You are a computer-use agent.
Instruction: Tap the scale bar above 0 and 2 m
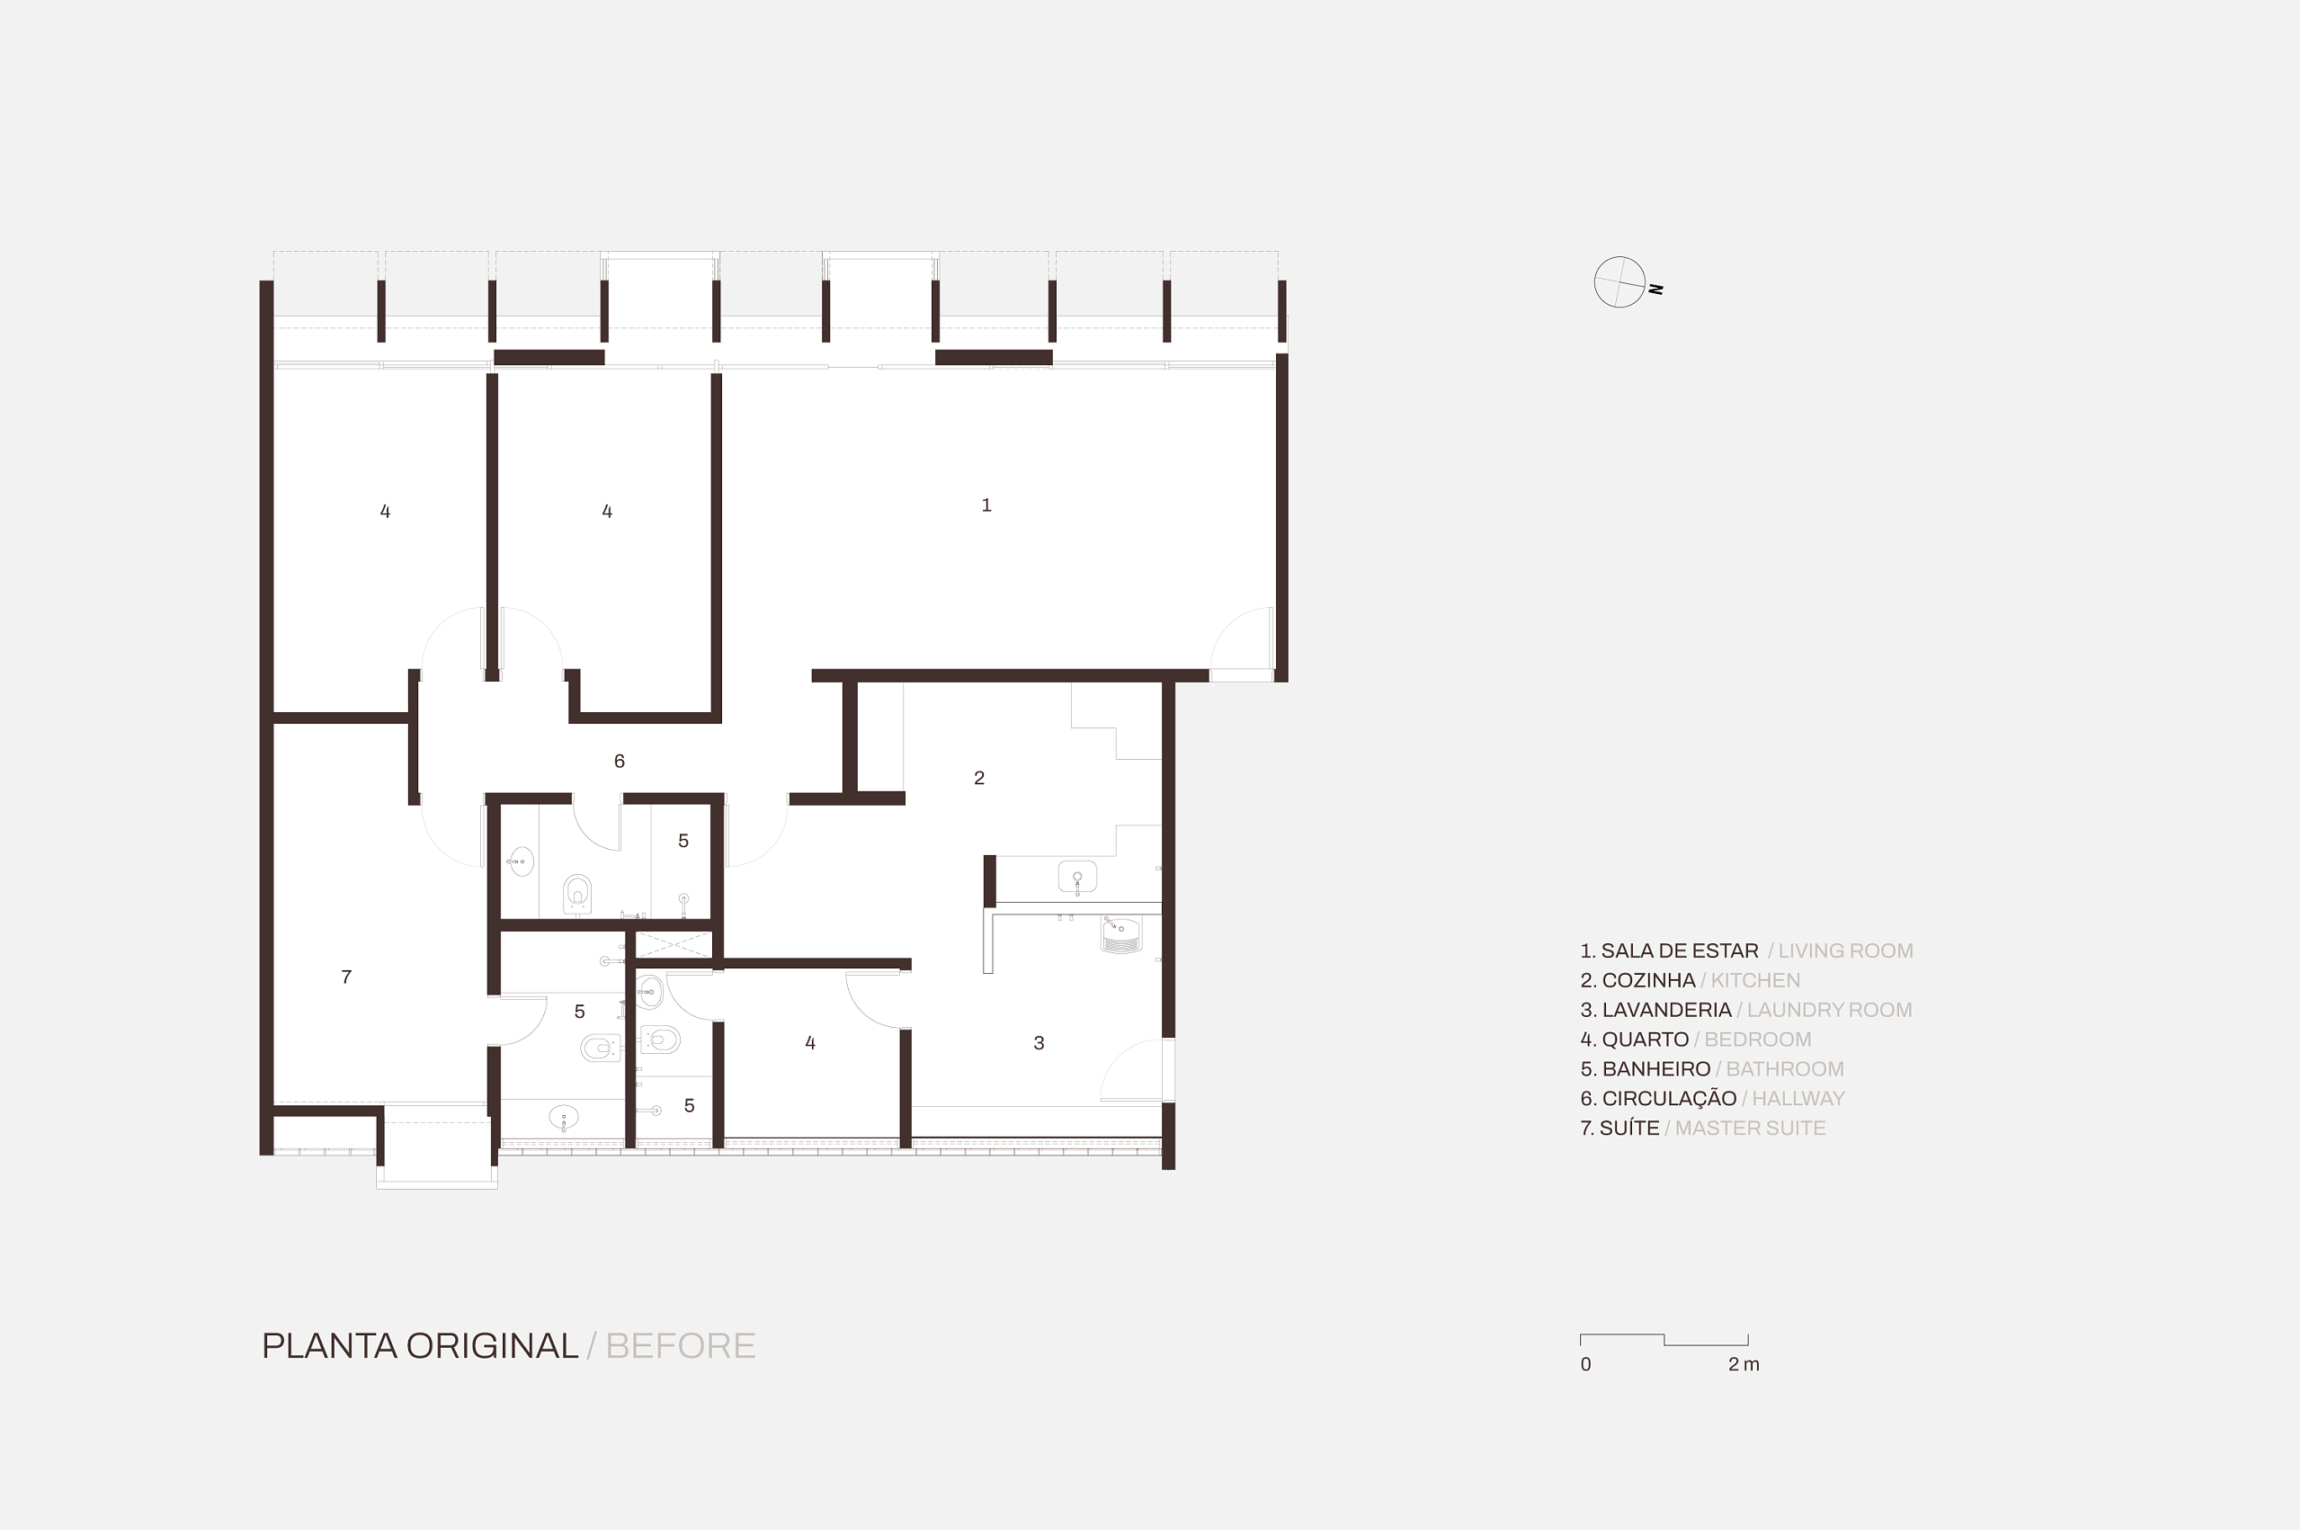pos(1664,1339)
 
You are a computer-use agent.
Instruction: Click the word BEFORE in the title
pos(680,1346)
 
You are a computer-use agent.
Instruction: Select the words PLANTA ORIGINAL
pos(420,1346)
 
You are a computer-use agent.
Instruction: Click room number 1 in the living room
pos(986,505)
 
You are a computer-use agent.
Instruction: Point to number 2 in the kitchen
pos(978,778)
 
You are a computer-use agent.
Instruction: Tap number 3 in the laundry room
pos(1039,1043)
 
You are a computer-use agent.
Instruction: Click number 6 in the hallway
pos(619,762)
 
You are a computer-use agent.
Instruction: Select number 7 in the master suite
pos(346,977)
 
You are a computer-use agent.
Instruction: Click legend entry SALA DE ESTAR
pos(1680,950)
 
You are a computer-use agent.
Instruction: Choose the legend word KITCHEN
pos(1755,980)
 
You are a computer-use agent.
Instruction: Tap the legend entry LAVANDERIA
pos(1667,1009)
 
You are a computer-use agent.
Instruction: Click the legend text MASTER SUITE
pos(1750,1128)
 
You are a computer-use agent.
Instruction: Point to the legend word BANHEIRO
pos(1656,1069)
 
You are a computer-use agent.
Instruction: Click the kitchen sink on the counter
pos(1076,877)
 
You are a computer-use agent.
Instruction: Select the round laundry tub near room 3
pos(1120,934)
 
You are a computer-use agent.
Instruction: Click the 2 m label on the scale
pos(1744,1365)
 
